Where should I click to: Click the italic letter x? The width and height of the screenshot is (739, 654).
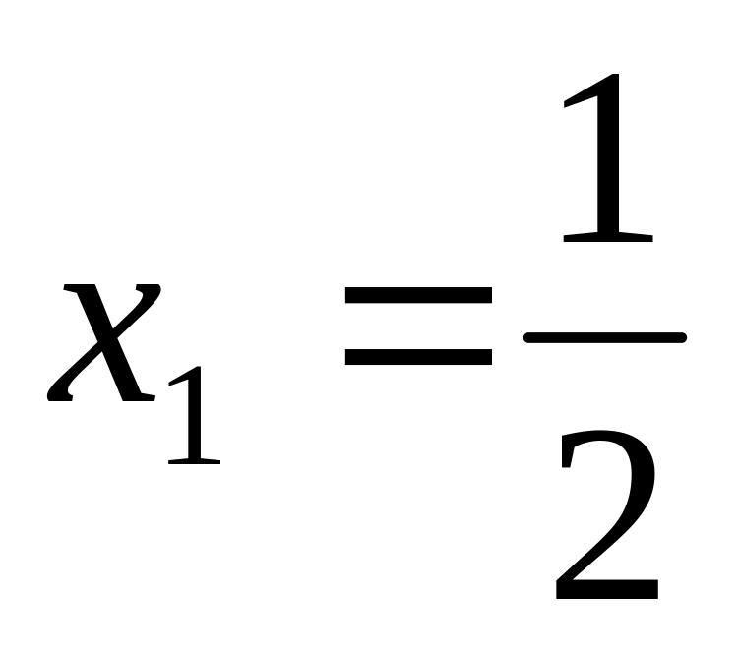[x=103, y=344]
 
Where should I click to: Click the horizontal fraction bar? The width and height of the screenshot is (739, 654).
[x=604, y=337]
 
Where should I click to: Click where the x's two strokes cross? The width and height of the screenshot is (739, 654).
[x=103, y=344]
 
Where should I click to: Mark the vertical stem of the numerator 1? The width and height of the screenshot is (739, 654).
[x=608, y=167]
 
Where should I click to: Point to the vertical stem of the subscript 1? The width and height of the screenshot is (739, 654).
[x=196, y=418]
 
